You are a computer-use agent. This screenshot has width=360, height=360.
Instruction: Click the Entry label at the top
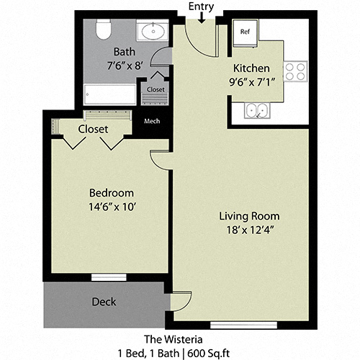[x=200, y=6]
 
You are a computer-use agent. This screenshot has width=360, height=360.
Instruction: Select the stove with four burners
[x=294, y=71]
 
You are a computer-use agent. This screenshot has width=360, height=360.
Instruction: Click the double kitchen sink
[x=256, y=110]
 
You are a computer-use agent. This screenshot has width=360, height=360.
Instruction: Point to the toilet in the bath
[x=103, y=30]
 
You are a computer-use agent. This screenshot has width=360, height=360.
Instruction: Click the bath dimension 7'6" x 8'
[x=125, y=66]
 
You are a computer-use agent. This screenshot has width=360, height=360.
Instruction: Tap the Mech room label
[x=152, y=122]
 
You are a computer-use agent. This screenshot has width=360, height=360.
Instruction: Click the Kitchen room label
[x=251, y=68]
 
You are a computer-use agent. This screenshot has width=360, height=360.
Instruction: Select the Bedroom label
[x=111, y=193]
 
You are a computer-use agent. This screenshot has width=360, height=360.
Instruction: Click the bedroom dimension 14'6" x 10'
[x=111, y=207]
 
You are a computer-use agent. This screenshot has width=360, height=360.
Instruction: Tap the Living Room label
[x=249, y=216]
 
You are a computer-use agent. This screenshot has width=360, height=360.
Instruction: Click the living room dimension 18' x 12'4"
[x=249, y=230]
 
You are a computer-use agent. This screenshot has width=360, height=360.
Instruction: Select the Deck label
[x=103, y=302]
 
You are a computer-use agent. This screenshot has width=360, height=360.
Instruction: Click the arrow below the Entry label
[x=200, y=17]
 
